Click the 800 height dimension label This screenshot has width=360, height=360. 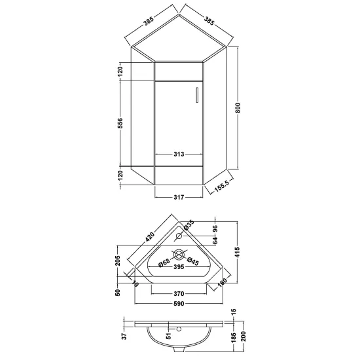(238, 108)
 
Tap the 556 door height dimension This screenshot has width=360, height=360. (120, 123)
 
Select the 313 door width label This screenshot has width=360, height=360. (179, 154)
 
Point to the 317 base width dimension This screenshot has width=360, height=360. (179, 197)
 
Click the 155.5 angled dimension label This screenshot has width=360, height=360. (222, 186)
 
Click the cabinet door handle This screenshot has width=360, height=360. (197, 94)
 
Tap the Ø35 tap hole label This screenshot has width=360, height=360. (189, 225)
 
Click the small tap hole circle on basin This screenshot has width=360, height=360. (179, 236)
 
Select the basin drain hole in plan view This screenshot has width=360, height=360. (179, 255)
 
